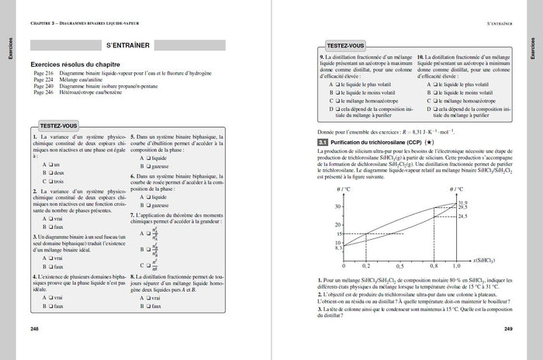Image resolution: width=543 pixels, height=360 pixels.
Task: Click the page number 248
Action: point(35,330)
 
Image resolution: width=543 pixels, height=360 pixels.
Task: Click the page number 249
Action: point(507,330)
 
